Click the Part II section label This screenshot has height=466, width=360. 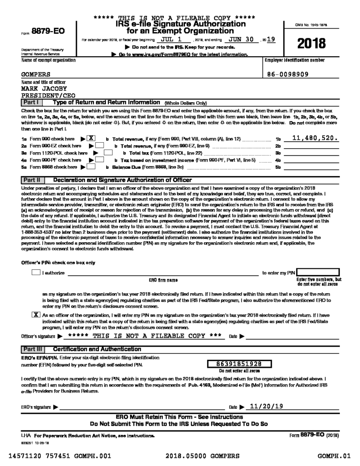pos(31,180)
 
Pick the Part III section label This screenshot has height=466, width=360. pos(31,349)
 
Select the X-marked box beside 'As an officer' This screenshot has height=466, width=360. pos(35,315)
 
